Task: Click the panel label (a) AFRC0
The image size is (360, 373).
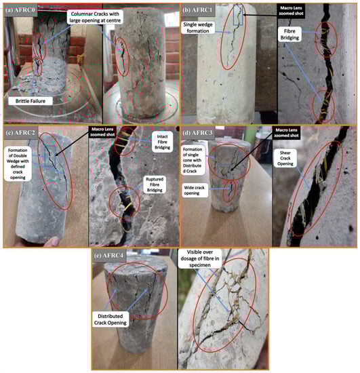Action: click(x=20, y=10)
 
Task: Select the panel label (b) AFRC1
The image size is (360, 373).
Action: click(x=198, y=10)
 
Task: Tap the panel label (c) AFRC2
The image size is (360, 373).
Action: click(x=21, y=132)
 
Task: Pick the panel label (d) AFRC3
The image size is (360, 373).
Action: click(x=197, y=132)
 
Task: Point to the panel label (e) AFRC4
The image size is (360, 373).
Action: click(x=109, y=255)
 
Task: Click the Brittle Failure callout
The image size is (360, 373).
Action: click(x=31, y=101)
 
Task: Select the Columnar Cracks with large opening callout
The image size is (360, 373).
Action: click(x=95, y=17)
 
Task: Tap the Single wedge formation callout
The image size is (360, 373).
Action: click(x=198, y=28)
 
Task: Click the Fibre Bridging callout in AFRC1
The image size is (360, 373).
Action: click(x=289, y=35)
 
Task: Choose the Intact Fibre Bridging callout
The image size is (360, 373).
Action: click(x=162, y=142)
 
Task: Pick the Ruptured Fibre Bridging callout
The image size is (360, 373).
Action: click(x=155, y=184)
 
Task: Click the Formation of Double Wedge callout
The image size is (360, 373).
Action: click(x=18, y=163)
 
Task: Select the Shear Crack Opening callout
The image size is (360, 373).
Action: click(x=285, y=158)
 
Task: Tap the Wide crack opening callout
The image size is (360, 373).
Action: click(x=194, y=191)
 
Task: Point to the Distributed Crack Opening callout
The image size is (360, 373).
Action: click(x=111, y=319)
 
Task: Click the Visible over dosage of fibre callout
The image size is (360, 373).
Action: click(x=200, y=258)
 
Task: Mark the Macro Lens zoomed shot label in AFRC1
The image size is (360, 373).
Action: click(x=291, y=11)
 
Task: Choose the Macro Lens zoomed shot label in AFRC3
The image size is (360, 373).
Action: click(x=286, y=133)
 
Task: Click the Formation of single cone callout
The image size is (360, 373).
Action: click(x=193, y=160)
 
